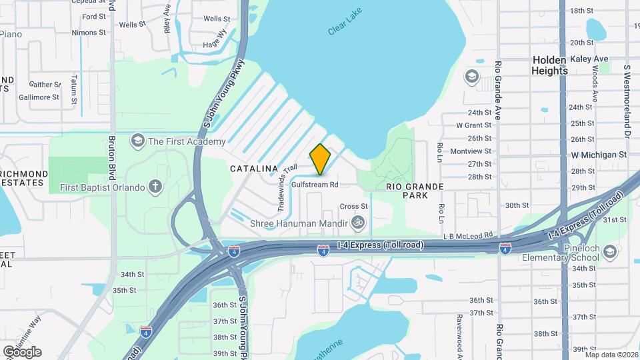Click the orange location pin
[x=320, y=159]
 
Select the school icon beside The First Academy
[x=137, y=141]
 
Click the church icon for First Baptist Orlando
[x=155, y=187]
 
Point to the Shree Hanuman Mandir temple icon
[x=358, y=223]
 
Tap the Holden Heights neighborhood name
[x=549, y=65]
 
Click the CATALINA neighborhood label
[x=253, y=169]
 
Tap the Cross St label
[x=354, y=207]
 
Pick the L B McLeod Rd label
[x=469, y=235]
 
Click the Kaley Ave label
[x=589, y=59]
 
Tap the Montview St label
[x=471, y=151]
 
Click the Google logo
[x=22, y=351]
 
